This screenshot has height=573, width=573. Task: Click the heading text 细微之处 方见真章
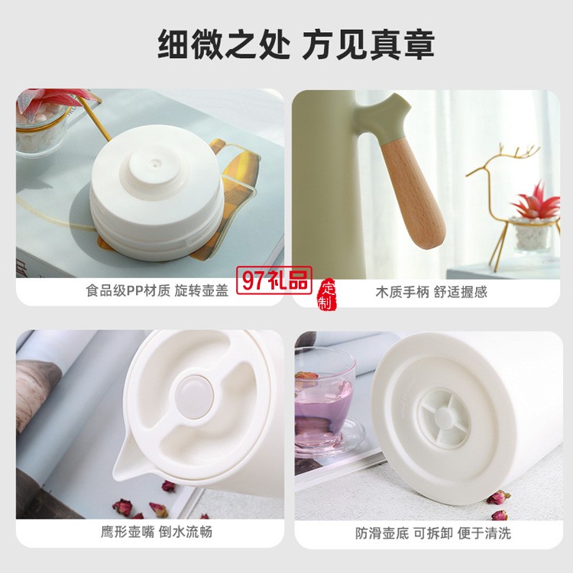(296, 44)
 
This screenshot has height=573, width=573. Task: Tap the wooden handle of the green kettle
(414, 194)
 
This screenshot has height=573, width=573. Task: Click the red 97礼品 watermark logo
(274, 280)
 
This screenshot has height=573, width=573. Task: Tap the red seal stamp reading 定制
(327, 295)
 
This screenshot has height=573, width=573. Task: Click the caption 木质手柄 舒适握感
(431, 292)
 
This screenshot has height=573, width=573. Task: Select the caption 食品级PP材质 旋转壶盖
(157, 290)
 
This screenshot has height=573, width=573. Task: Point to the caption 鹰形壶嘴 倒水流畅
(157, 532)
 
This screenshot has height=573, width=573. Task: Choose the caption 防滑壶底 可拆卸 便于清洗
(433, 533)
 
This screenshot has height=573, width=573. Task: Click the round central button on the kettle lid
(194, 397)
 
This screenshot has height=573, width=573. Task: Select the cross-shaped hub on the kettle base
(444, 418)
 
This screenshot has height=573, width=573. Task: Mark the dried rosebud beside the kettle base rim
(498, 497)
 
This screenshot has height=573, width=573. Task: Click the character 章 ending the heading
(419, 44)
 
